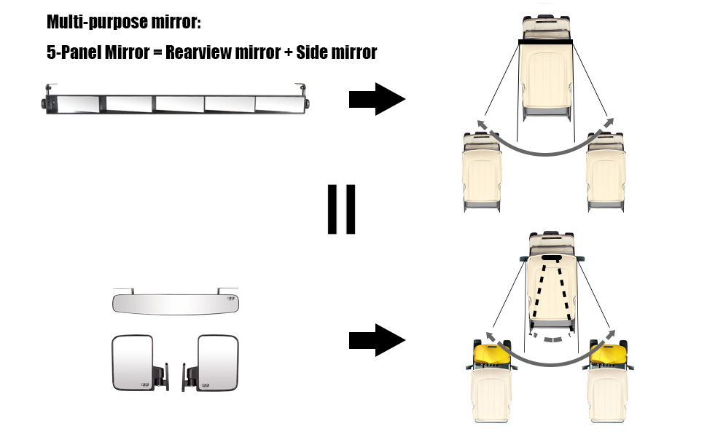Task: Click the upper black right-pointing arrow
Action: (376, 100)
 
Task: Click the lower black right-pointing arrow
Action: (376, 340)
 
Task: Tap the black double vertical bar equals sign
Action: (341, 209)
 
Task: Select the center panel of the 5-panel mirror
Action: (178, 104)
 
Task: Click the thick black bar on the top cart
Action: (545, 43)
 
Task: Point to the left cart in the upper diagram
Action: (482, 171)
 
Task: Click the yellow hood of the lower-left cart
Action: (489, 356)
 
